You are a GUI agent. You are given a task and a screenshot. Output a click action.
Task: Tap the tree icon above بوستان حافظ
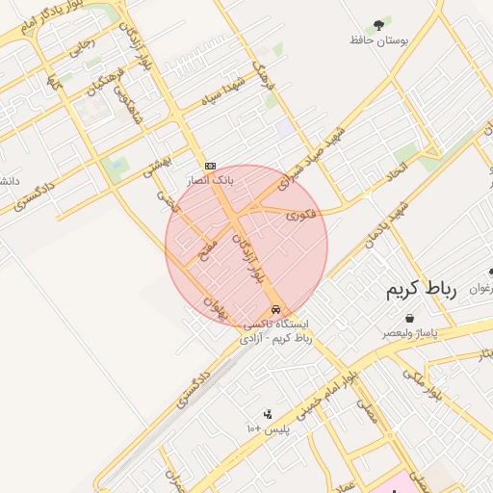pyautogui.click(x=376, y=24)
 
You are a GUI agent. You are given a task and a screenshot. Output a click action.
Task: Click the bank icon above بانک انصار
pyautogui.click(x=210, y=166)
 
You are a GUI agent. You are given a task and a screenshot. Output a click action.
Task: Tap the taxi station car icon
pyautogui.click(x=277, y=309)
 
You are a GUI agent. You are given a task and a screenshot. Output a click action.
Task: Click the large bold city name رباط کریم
pyautogui.click(x=420, y=288)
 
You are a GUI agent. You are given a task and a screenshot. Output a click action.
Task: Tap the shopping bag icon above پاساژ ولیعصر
pyautogui.click(x=411, y=318)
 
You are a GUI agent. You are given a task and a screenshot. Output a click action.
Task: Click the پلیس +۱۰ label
pyautogui.click(x=269, y=428)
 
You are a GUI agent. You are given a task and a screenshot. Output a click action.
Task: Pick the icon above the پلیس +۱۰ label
pyautogui.click(x=268, y=413)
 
